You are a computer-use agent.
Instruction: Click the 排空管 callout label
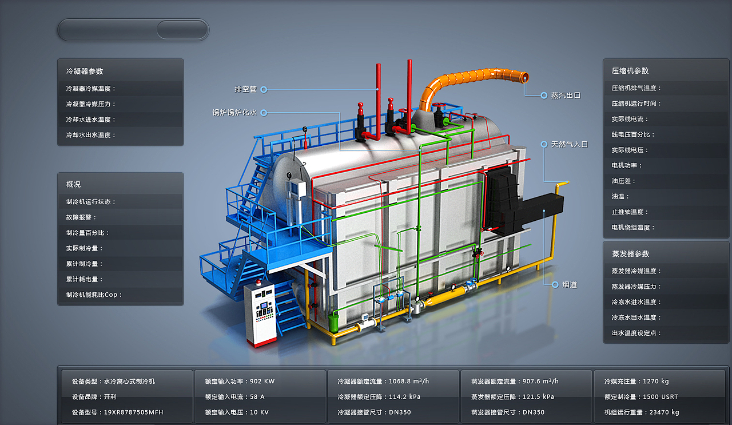tap(245, 89)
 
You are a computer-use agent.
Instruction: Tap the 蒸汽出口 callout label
tap(566, 96)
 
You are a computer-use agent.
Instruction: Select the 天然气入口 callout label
tap(569, 144)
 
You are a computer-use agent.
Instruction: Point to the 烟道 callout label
tap(570, 285)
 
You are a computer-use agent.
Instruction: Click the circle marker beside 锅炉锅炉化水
tap(264, 113)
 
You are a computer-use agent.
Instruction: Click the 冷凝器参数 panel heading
tap(85, 71)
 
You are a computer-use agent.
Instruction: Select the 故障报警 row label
tap(81, 217)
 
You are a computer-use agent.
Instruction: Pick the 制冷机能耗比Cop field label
tap(94, 295)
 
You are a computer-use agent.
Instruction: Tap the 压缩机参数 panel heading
tap(630, 70)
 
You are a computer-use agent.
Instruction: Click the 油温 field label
tap(620, 196)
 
